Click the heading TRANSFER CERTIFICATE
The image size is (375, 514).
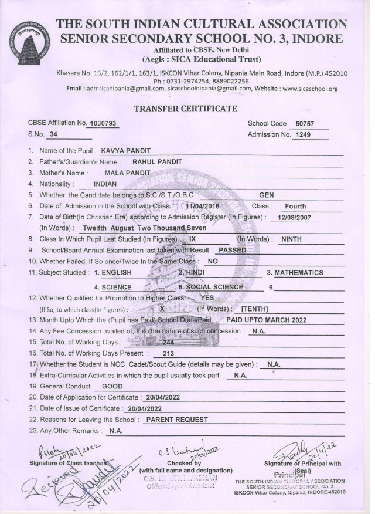(x=185, y=109)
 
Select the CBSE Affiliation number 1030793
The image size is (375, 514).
(x=102, y=124)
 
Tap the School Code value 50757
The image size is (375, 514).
(x=305, y=124)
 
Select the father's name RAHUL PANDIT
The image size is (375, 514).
(x=157, y=161)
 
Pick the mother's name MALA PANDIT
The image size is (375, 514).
(x=127, y=173)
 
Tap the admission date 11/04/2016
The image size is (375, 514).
(x=201, y=207)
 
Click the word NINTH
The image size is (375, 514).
(x=291, y=239)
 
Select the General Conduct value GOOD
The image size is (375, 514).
(x=112, y=387)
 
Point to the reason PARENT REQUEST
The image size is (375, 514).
(x=176, y=420)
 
